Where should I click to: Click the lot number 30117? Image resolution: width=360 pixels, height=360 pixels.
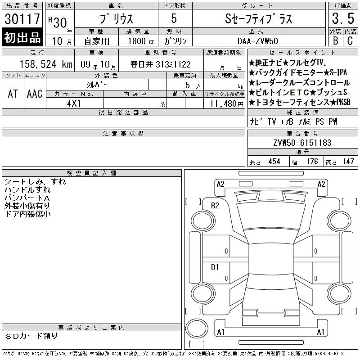click(x=22, y=18)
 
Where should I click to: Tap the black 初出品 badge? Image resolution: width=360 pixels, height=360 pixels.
click(x=22, y=37)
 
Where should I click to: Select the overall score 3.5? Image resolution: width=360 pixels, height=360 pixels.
click(x=343, y=18)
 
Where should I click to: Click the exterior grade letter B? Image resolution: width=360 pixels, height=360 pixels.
click(x=335, y=40)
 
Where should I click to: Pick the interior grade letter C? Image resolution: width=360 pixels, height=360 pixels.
click(x=350, y=40)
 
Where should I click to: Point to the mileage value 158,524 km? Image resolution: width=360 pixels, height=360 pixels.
click(x=46, y=64)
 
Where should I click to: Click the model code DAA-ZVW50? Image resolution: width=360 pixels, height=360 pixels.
click(x=258, y=41)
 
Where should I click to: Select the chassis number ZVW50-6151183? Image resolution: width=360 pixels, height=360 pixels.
click(x=302, y=143)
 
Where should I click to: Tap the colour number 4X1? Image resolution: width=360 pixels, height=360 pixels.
click(x=74, y=103)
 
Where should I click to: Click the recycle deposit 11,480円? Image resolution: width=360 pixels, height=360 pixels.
click(x=227, y=104)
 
